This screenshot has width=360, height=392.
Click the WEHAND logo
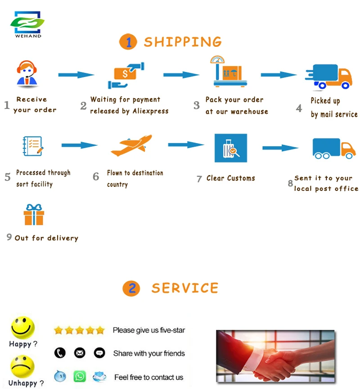click(27, 25)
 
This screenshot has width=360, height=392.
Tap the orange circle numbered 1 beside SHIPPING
click(128, 42)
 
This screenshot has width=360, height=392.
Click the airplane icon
click(132, 145)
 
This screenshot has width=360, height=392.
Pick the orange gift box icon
click(34, 215)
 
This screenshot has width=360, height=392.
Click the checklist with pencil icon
click(33, 147)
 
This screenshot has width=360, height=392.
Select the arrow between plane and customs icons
click(186, 144)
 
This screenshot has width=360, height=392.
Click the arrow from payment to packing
click(181, 75)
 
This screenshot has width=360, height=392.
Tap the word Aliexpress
click(150, 111)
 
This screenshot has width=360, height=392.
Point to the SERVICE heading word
click(184, 288)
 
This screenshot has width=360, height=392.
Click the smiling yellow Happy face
click(22, 328)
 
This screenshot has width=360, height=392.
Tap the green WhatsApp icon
click(80, 376)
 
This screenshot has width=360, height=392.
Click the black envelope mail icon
click(80, 353)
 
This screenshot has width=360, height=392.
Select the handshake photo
click(275, 356)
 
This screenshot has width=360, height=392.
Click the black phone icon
click(60, 353)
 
